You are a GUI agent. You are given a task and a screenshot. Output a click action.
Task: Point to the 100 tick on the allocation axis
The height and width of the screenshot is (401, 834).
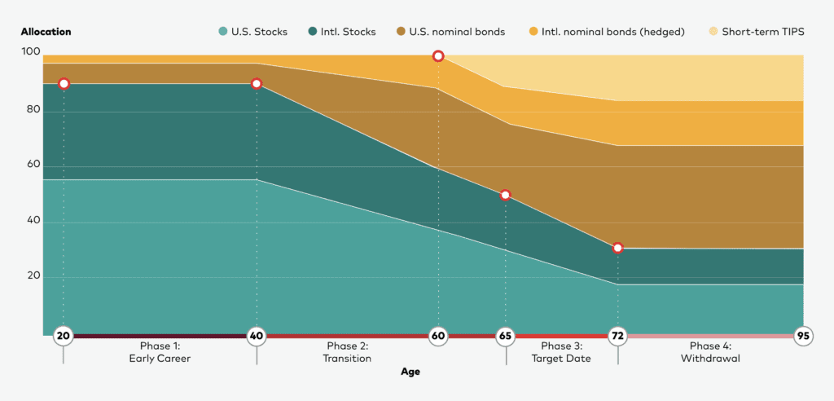(x=30, y=52)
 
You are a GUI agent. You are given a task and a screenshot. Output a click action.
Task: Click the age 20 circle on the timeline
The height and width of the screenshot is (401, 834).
(x=64, y=336)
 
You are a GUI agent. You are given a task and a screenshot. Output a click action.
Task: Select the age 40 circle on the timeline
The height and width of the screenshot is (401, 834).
(x=257, y=336)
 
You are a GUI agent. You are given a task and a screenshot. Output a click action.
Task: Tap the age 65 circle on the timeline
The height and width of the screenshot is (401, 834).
(x=505, y=336)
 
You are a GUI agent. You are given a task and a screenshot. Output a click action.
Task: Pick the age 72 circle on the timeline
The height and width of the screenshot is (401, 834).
(x=617, y=336)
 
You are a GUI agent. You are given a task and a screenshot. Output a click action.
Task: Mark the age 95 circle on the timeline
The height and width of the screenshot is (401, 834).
(x=804, y=336)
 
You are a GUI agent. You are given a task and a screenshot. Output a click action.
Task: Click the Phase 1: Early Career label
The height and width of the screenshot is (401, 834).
(x=160, y=352)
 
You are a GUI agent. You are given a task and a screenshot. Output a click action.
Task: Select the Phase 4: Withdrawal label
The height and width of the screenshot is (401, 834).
(x=710, y=352)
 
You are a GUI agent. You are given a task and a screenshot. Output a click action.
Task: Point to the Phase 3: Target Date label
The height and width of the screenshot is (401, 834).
(x=561, y=352)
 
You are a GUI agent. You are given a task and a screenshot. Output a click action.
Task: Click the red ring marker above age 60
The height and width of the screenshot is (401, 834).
(x=438, y=56)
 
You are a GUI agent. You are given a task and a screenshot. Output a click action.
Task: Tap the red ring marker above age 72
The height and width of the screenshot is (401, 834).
(x=617, y=248)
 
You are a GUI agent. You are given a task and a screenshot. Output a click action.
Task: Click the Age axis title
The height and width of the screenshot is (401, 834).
(x=410, y=372)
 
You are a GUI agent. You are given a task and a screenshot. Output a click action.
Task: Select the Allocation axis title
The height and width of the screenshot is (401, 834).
(x=46, y=32)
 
